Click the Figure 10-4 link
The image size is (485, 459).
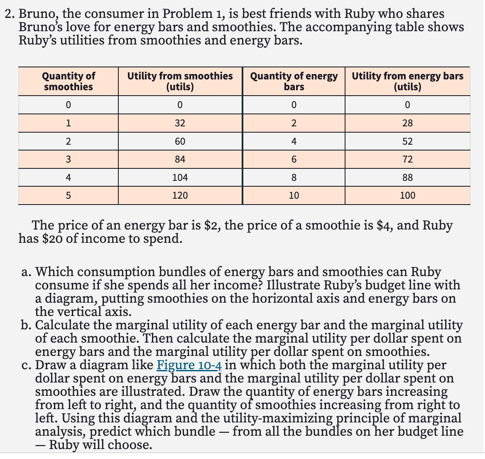pyautogui.click(x=189, y=365)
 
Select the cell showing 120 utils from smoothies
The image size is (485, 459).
pyautogui.click(x=180, y=195)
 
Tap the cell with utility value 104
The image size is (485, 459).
pyautogui.click(x=180, y=178)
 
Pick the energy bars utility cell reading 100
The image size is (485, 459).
pyautogui.click(x=407, y=195)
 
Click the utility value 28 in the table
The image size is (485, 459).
pyautogui.click(x=407, y=123)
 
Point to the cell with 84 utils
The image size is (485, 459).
pyautogui.click(x=180, y=159)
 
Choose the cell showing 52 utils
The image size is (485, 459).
pyautogui.click(x=407, y=141)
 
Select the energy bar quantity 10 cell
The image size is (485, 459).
pyautogui.click(x=294, y=195)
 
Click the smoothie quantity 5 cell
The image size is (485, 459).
pyautogui.click(x=68, y=195)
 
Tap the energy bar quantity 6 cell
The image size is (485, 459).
pyautogui.click(x=294, y=159)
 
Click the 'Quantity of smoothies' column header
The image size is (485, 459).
pyautogui.click(x=68, y=81)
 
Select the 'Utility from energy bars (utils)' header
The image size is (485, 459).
pyautogui.click(x=407, y=81)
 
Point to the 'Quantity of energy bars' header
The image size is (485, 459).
pyautogui.click(x=294, y=81)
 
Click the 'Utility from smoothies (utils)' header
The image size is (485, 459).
pyautogui.click(x=180, y=81)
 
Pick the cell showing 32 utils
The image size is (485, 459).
pyautogui.click(x=180, y=123)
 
